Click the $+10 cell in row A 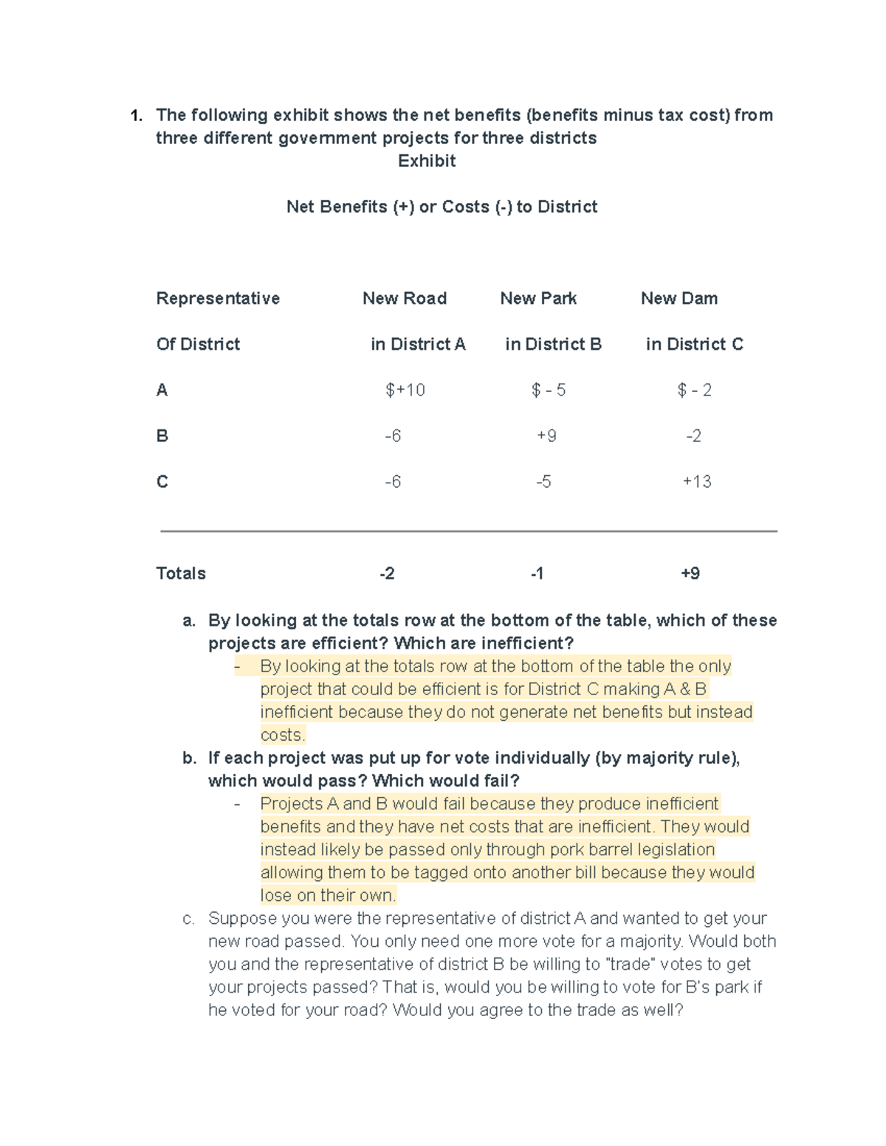405,390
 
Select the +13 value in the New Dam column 696,481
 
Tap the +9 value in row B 546,435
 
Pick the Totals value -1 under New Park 537,573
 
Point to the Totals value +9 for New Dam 690,573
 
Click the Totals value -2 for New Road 387,573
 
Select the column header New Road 405,298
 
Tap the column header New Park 538,298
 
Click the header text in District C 694,344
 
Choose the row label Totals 181,573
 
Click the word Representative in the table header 218,298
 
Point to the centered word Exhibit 427,161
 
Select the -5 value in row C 543,481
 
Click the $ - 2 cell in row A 694,390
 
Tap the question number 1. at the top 136,115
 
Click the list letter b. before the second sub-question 189,758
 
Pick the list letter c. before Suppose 189,918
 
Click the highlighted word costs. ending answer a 282,735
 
